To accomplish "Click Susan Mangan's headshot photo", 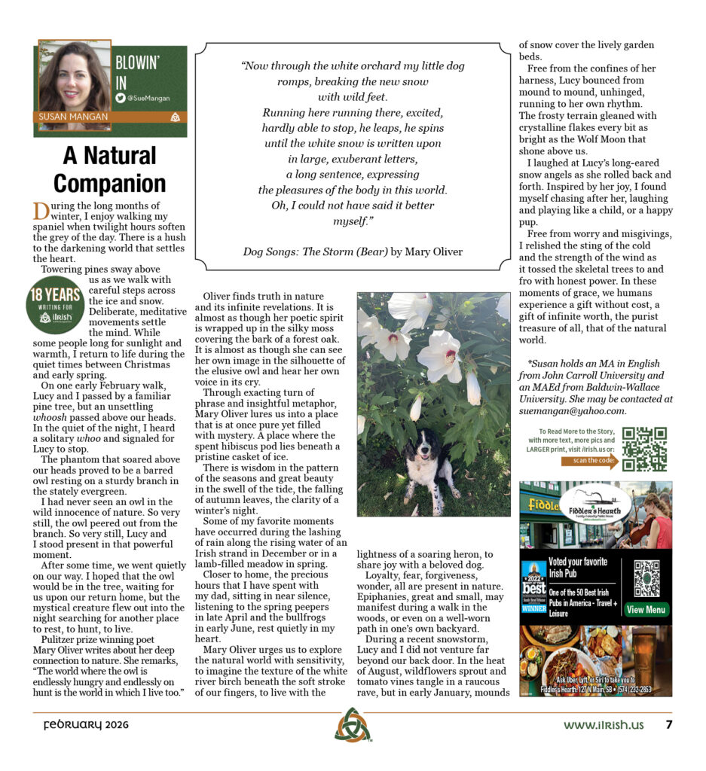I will click(74, 78).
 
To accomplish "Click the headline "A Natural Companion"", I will click(109, 169).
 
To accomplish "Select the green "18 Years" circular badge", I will click(54, 306).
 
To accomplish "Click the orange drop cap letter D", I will click(41, 212).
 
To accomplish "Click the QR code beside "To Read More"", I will click(644, 449).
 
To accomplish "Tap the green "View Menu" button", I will click(646, 609).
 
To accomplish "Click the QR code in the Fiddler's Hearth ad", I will click(646, 577).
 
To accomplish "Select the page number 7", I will click(668, 725).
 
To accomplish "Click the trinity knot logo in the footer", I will click(353, 725).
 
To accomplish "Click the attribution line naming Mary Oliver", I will click(353, 251).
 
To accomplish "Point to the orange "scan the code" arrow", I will click(589, 462).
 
